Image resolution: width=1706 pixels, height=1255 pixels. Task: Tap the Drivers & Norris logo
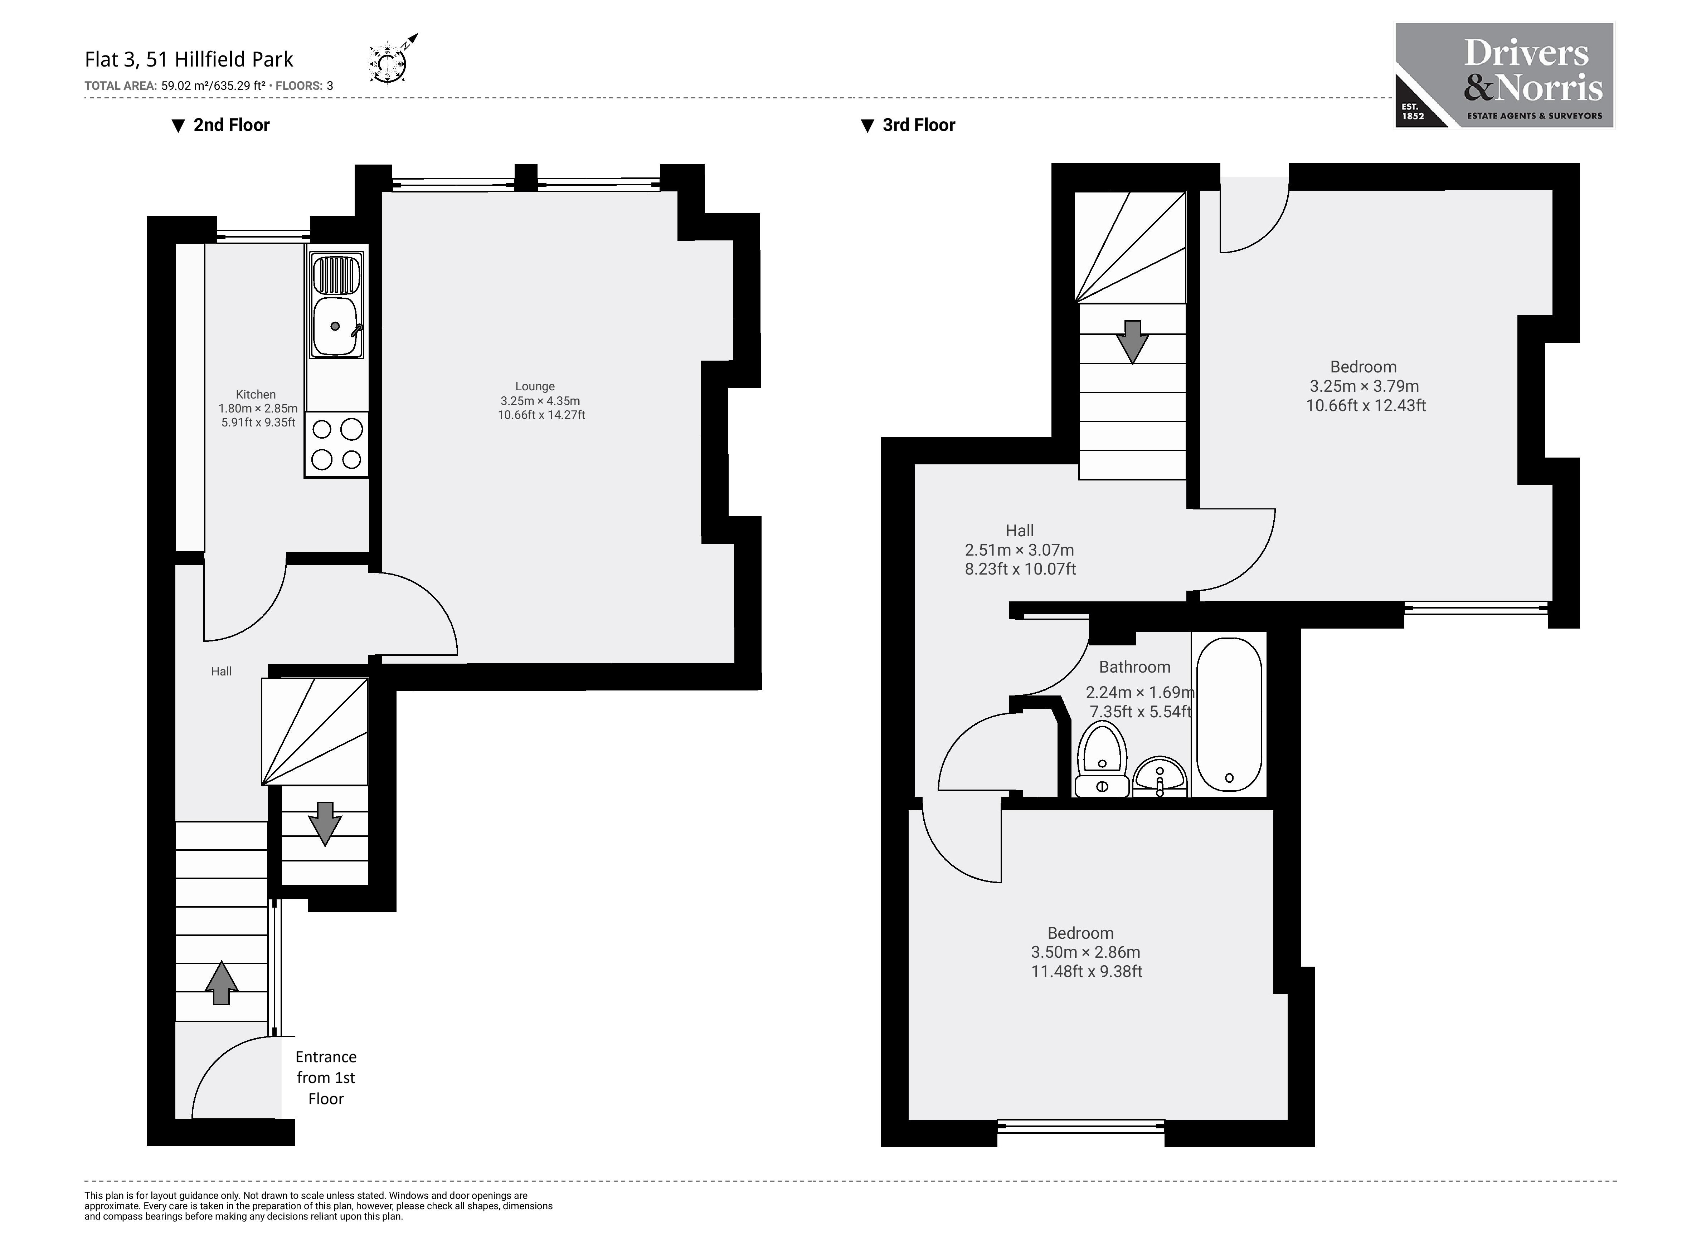pos(1503,75)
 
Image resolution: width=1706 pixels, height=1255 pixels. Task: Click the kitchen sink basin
pos(335,327)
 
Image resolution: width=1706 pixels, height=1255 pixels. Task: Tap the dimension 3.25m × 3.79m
pos(1364,386)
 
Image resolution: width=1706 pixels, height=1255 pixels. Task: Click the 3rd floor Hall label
pos(1019,530)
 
